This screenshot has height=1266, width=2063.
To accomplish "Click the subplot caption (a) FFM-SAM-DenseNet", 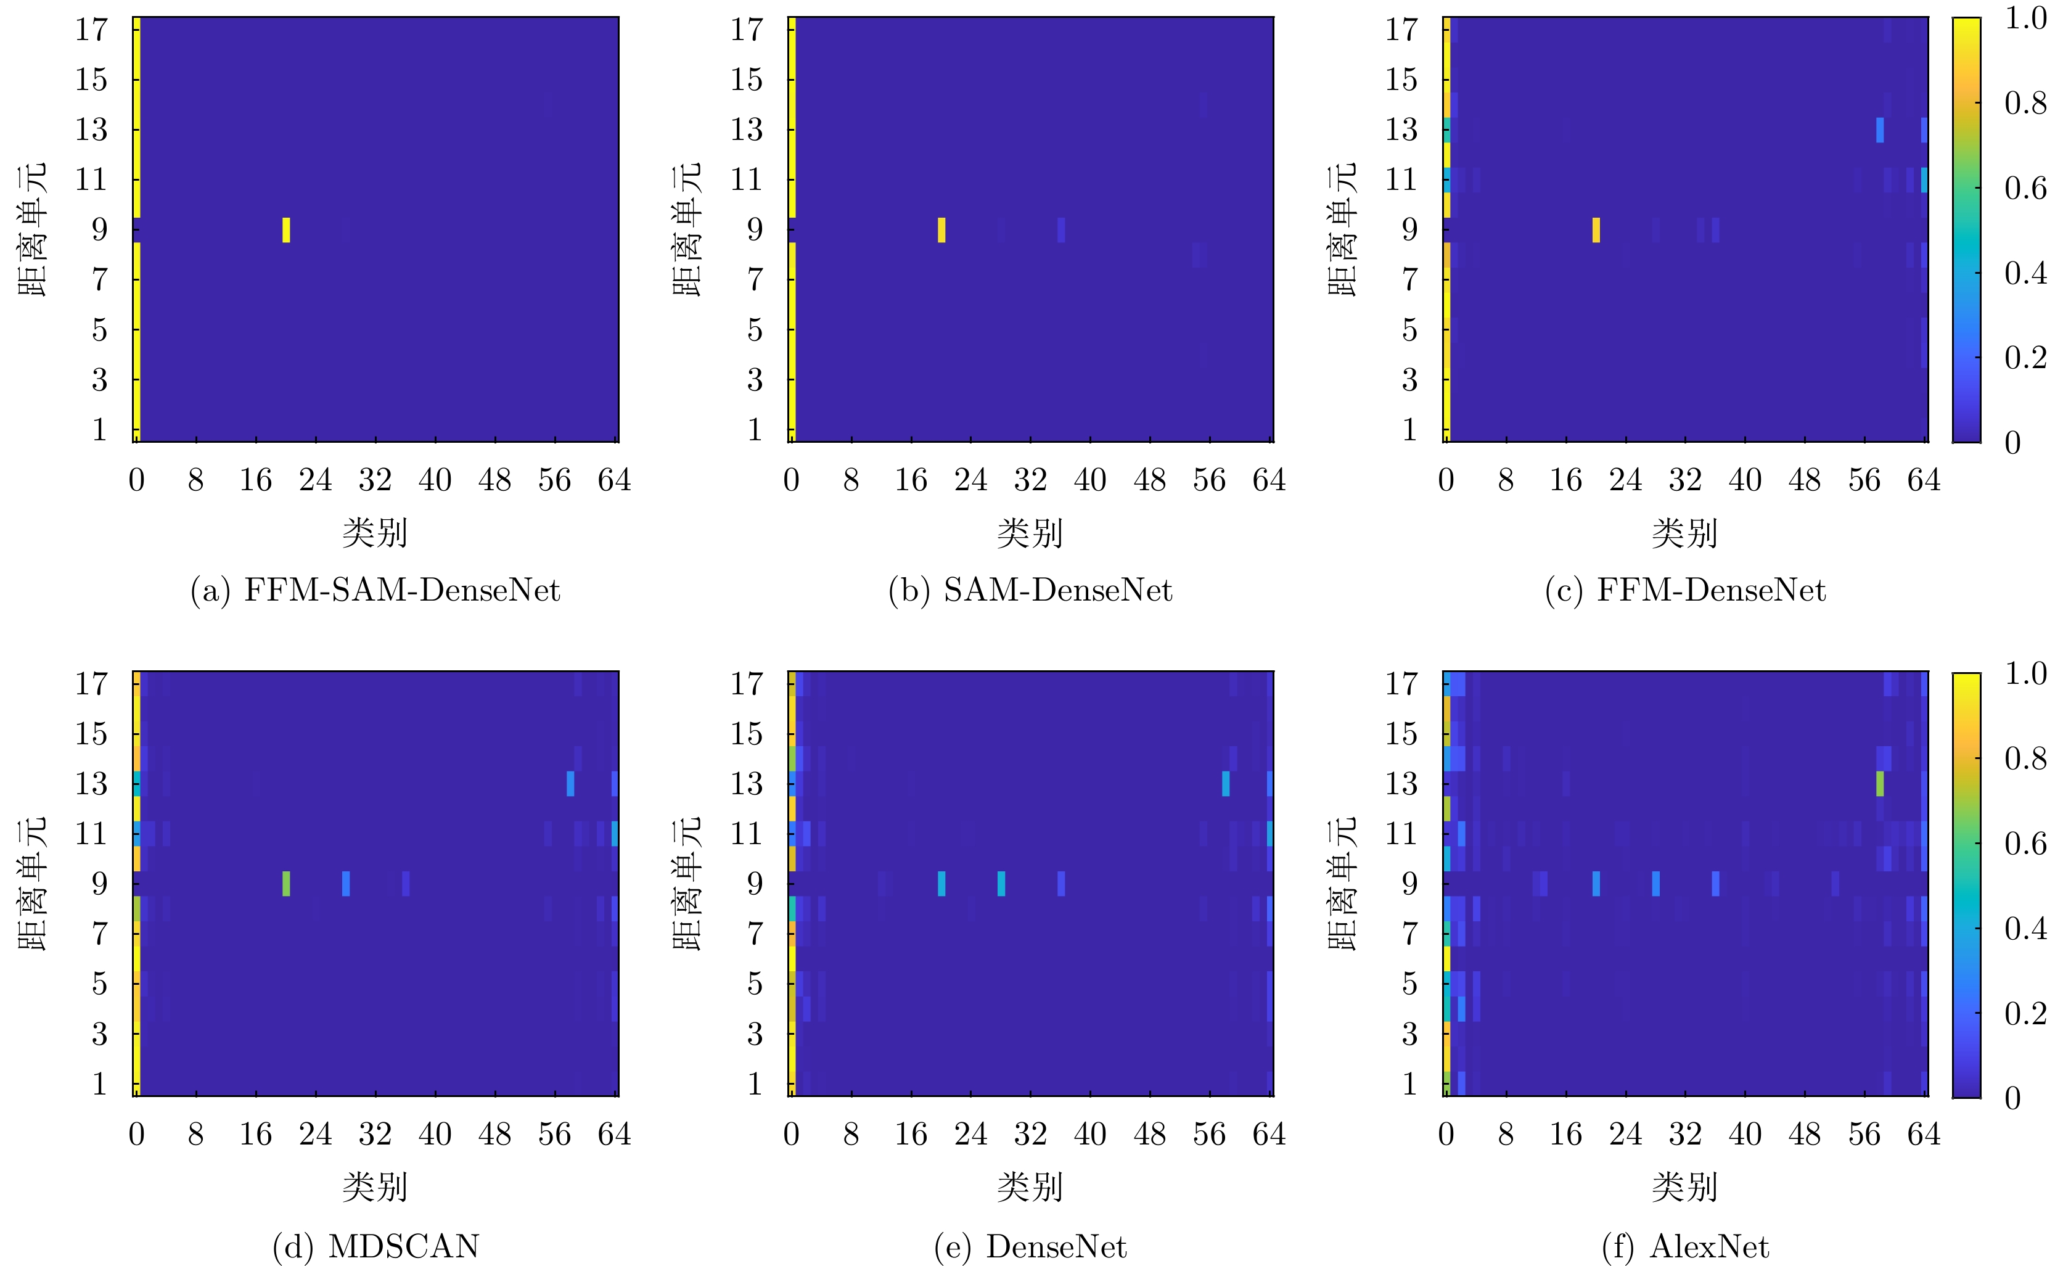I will coord(375,590).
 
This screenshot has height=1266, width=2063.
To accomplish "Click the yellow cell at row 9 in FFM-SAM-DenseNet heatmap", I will coord(286,229).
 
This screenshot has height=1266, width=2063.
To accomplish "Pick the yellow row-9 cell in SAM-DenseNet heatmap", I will coord(941,229).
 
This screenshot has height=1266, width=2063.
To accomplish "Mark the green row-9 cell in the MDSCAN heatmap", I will coord(286,883).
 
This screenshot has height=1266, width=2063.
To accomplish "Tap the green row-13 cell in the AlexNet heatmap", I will coord(1880,784).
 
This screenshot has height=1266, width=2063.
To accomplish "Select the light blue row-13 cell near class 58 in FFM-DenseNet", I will coord(1880,129).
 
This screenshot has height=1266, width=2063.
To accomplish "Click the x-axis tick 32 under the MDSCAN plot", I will coord(375,1135).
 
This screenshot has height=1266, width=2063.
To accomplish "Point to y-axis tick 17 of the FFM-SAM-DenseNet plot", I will coord(91,30).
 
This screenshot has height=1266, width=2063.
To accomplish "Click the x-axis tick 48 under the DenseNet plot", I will coord(1149,1135).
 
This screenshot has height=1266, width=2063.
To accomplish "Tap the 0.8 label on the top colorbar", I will coord(2025,103).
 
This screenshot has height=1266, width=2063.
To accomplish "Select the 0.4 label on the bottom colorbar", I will coord(2025,927).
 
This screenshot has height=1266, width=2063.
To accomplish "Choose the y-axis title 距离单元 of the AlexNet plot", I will coord(1342,883).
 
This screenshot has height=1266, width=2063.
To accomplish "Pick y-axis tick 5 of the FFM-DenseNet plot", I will coord(1410,330).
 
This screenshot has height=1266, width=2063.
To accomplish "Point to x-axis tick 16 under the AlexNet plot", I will coord(1565,1135).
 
